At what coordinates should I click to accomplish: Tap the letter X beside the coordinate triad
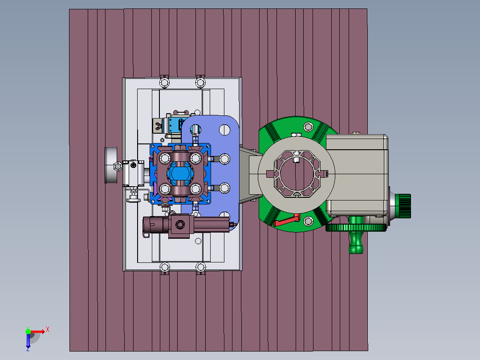coord(48,330)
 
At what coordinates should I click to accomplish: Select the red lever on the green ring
coord(286,221)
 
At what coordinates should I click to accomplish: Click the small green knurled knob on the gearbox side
coord(403,206)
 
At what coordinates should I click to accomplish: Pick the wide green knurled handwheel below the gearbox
coord(356,228)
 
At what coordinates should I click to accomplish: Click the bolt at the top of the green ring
coord(308,127)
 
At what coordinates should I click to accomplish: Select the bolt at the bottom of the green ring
coord(308,221)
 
